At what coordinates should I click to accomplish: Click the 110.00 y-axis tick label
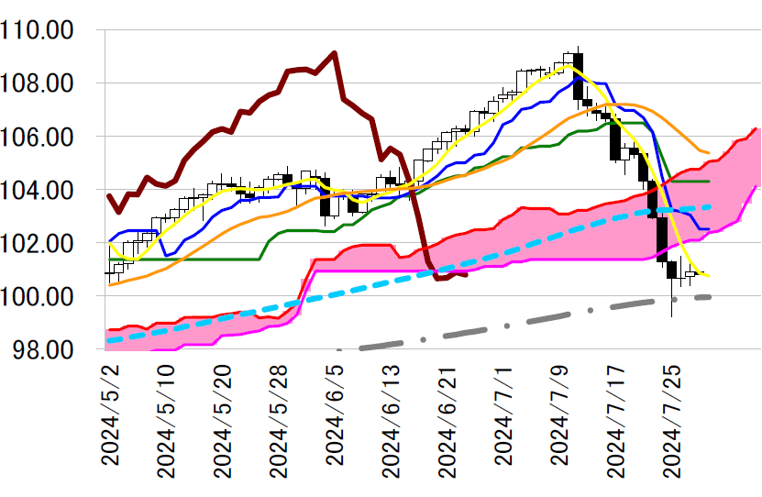pos(39,30)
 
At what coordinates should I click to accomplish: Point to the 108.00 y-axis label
pos(39,83)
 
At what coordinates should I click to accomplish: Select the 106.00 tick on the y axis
pos(39,137)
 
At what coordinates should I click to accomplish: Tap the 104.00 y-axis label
pos(39,190)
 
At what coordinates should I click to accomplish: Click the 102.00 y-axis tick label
pos(39,243)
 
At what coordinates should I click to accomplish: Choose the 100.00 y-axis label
pos(39,296)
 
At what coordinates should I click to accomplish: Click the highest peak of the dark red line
pos(335,52)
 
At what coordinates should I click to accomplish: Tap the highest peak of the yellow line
pos(568,66)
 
